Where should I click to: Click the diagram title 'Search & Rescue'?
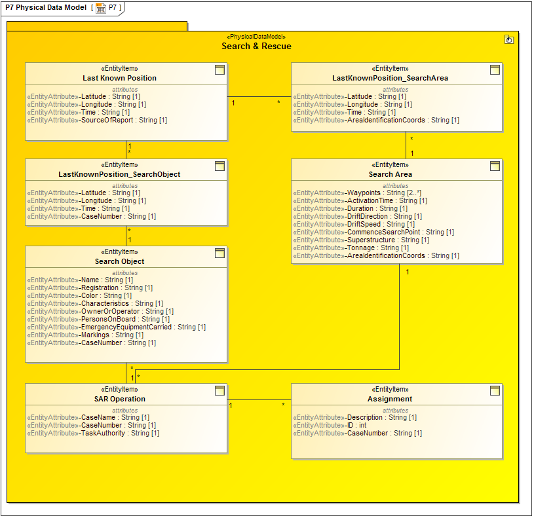coord(256,46)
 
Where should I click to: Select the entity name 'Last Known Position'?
coord(119,78)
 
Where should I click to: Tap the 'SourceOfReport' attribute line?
coord(124,120)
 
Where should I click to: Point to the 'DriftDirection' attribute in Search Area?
coord(384,217)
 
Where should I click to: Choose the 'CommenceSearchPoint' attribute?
coord(400,232)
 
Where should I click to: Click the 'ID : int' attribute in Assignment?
coord(356,426)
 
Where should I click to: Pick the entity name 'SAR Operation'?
coord(119,399)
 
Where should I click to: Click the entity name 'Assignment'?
coord(390,399)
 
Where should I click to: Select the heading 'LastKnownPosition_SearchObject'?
coord(119,174)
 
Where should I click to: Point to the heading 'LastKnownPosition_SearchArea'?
coord(390,78)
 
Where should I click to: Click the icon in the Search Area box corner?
coord(495,166)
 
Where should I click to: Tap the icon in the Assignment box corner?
coord(495,391)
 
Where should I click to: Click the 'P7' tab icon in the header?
coord(101,8)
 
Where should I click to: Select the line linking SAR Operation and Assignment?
coord(259,399)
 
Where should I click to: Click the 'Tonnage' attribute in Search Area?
coord(377,248)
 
